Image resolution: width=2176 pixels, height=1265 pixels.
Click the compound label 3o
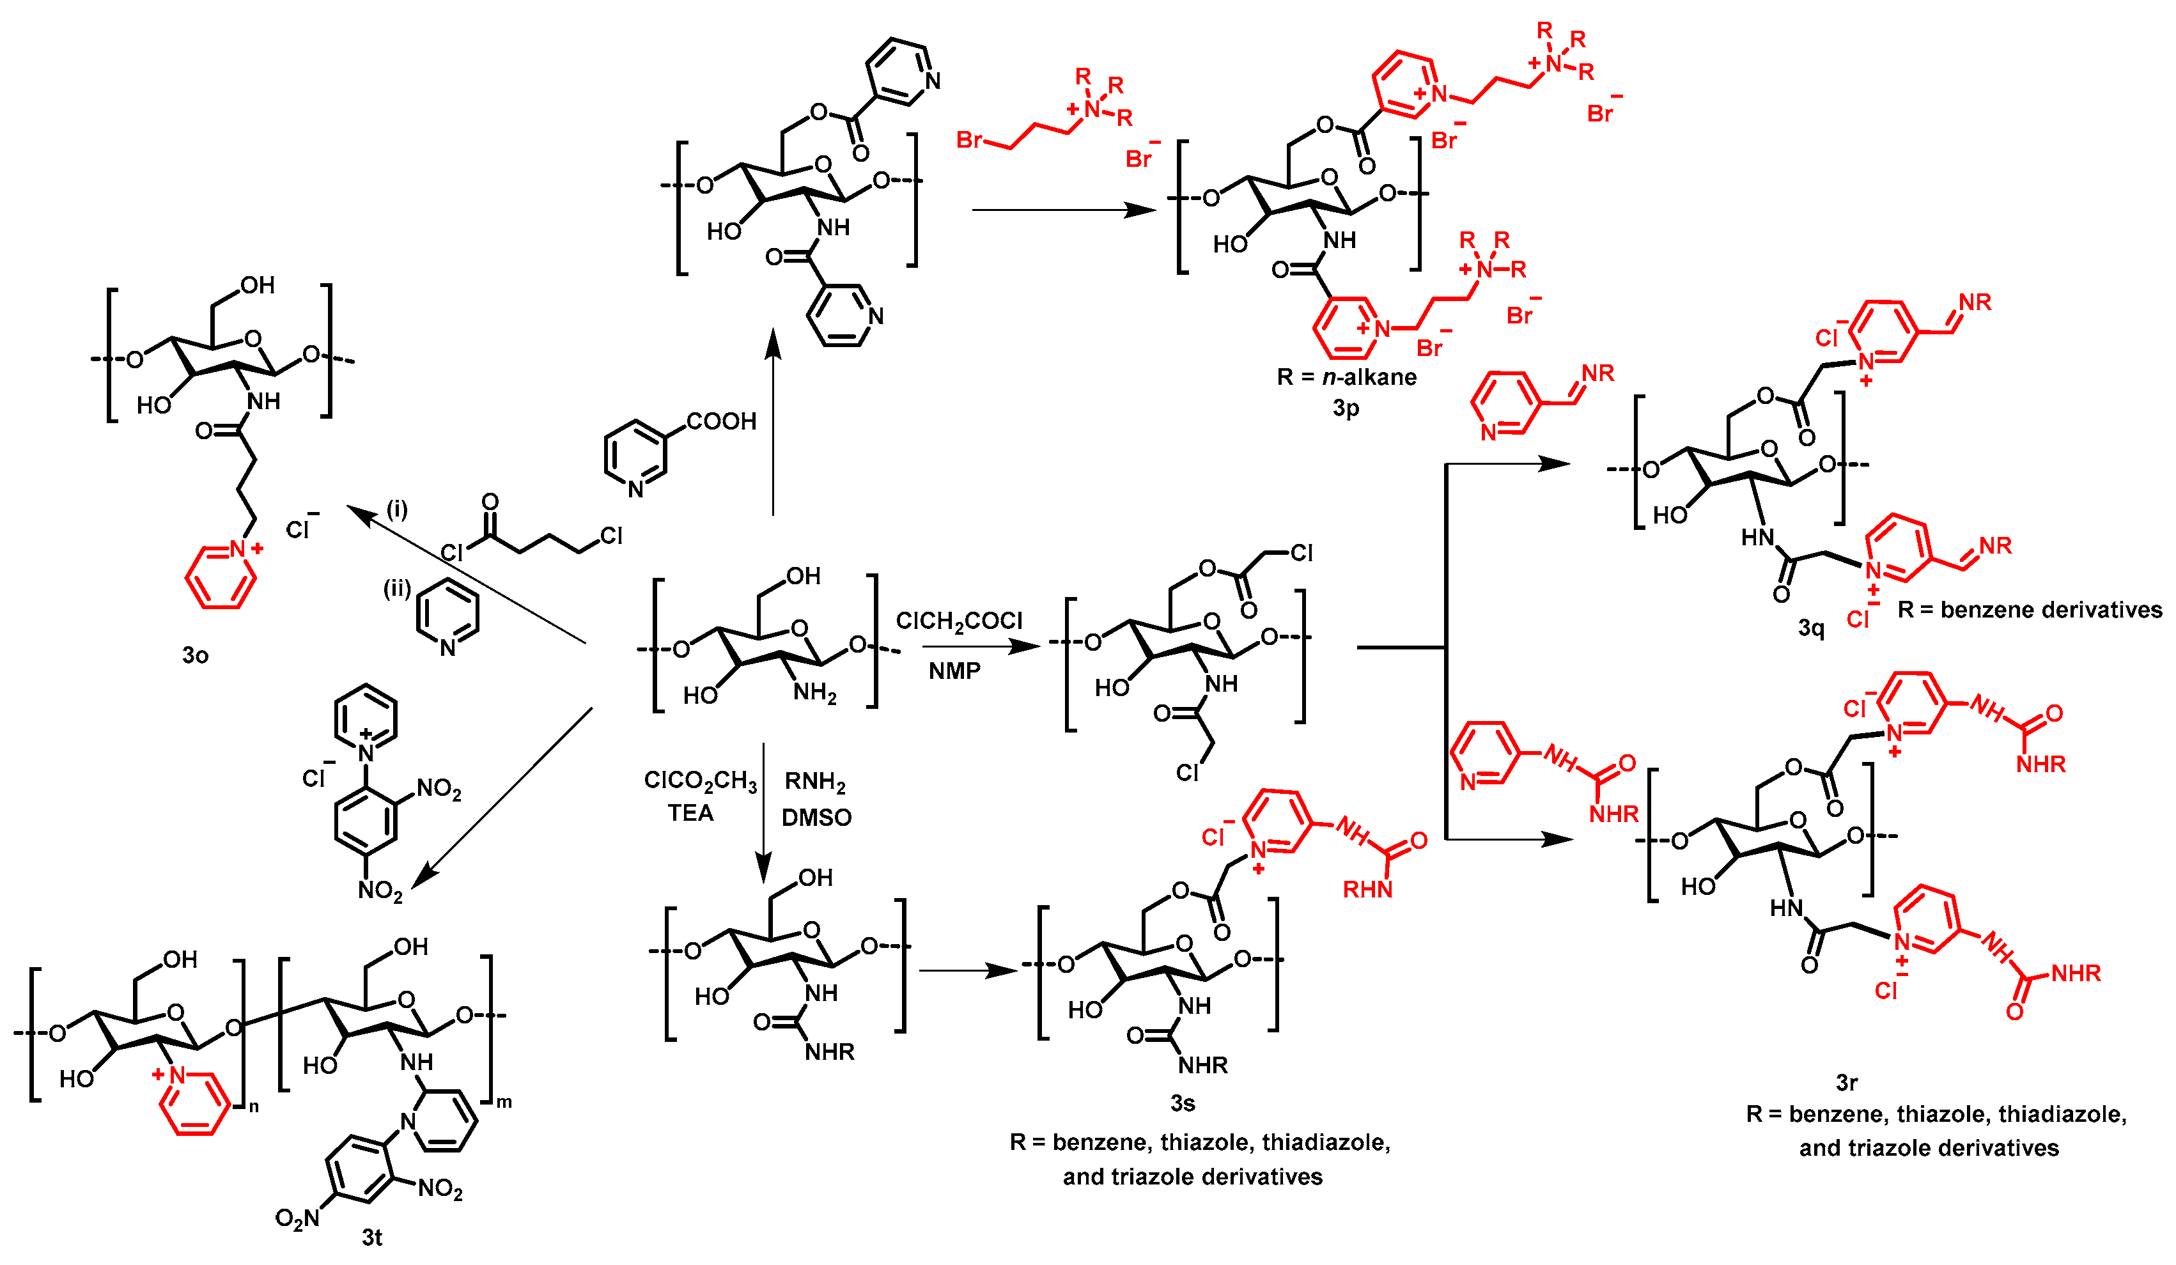click(x=195, y=655)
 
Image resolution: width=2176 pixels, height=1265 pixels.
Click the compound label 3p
click(x=1346, y=408)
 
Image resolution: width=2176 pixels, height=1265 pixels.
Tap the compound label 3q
click(x=1811, y=628)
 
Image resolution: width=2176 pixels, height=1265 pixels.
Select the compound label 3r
click(x=1846, y=1082)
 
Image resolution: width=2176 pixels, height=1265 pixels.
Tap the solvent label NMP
click(x=954, y=671)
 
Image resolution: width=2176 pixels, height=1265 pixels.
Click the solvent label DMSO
click(x=816, y=817)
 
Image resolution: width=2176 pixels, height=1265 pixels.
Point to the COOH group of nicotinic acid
click(x=721, y=421)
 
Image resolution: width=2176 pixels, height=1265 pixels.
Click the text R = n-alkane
click(x=1346, y=377)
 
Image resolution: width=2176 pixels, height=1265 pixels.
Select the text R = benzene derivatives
click(x=2029, y=610)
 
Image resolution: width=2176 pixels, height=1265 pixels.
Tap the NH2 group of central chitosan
click(x=814, y=692)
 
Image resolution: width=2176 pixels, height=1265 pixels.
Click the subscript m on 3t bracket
click(x=504, y=1103)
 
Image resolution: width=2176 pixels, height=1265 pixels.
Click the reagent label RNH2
click(x=814, y=782)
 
